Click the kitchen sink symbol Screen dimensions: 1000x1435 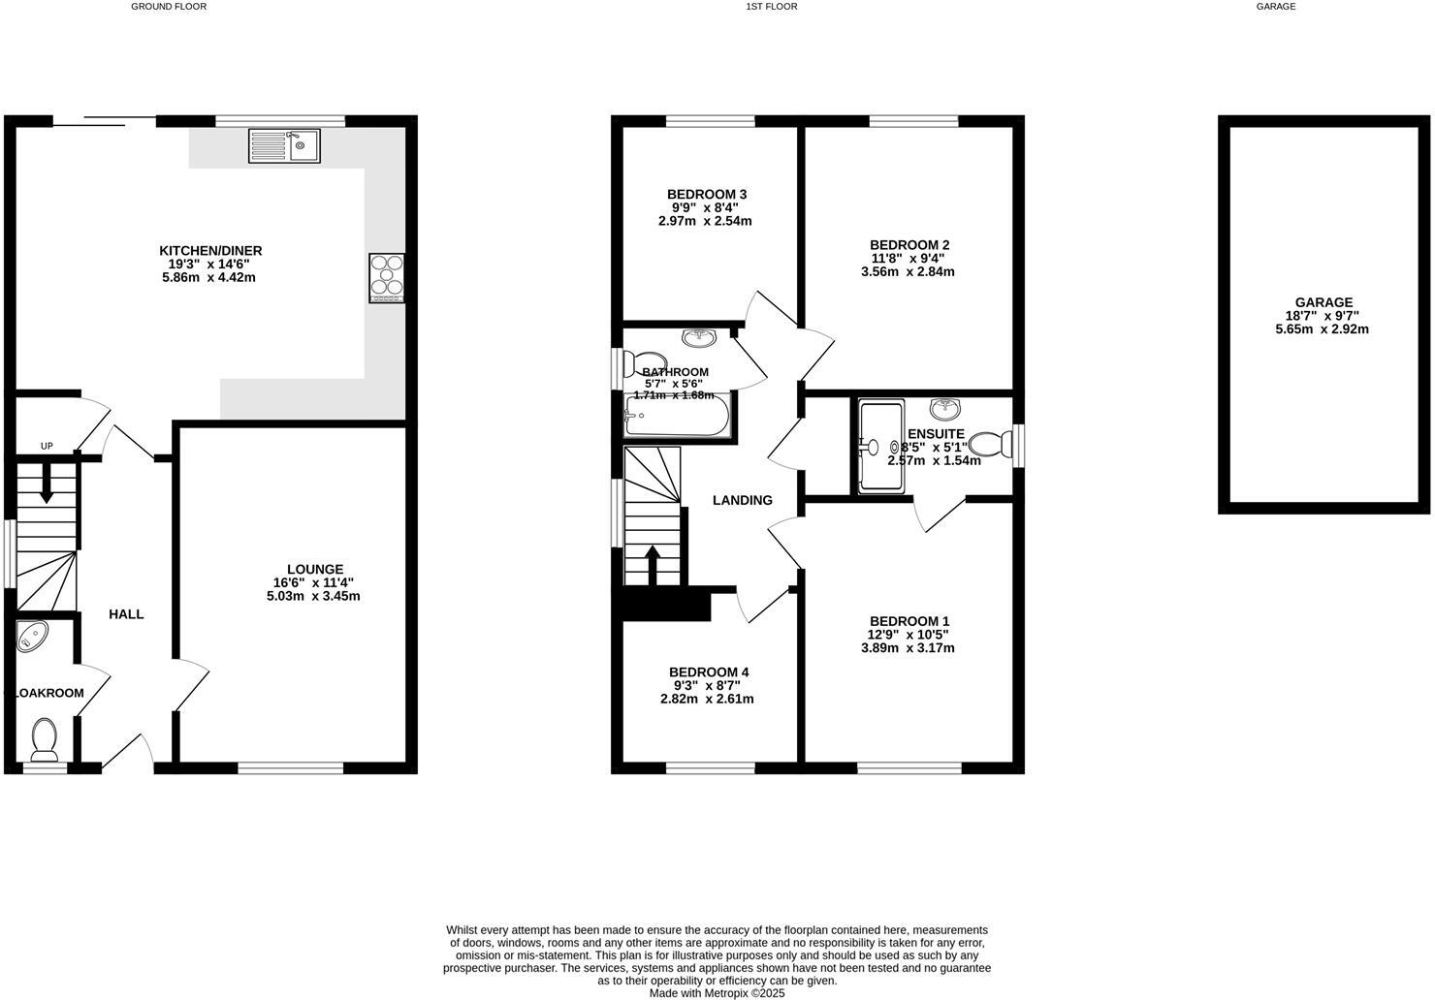[284, 145]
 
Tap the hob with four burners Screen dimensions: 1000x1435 [386, 278]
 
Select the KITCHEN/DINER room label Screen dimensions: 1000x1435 [210, 251]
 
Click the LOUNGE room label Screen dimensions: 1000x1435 [314, 570]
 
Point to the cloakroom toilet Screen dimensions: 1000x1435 [45, 738]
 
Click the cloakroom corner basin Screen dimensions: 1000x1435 [32, 636]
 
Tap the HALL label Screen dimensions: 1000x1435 [126, 614]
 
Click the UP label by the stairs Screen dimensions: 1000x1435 [47, 447]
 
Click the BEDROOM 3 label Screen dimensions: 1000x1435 [707, 195]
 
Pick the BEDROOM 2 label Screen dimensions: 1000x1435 [909, 245]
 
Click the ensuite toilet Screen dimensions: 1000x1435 [988, 444]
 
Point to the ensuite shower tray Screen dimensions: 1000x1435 [881, 446]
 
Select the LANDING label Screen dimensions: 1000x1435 [742, 501]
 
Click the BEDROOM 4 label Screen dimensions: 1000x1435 [708, 672]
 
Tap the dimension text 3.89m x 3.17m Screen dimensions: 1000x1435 [908, 648]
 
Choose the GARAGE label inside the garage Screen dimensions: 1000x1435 [1323, 302]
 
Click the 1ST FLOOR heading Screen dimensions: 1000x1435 [771, 7]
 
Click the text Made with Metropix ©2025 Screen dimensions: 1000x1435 [717, 993]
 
